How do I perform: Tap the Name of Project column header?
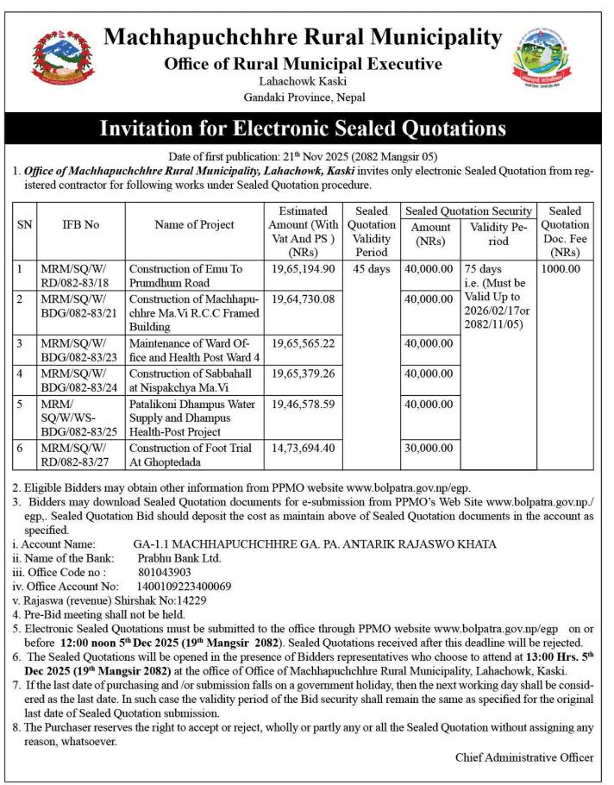[194, 225]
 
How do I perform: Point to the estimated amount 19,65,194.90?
[303, 269]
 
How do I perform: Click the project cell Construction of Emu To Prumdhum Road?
[186, 276]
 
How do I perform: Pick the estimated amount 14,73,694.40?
[303, 449]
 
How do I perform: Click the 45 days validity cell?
[373, 269]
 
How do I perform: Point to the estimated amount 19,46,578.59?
[303, 403]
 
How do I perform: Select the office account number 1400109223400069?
[185, 587]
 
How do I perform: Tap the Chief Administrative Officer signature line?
[524, 757]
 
